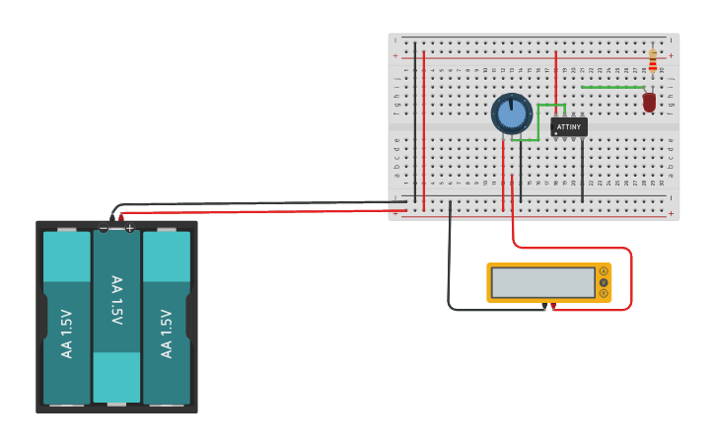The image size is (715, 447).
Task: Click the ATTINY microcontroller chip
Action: tap(569, 127)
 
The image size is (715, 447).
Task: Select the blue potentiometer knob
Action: tap(512, 114)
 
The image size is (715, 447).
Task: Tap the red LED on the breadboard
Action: tap(649, 102)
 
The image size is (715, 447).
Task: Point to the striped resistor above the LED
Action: tap(652, 62)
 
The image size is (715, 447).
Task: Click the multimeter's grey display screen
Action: tap(543, 283)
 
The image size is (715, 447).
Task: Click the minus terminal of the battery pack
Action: tap(104, 228)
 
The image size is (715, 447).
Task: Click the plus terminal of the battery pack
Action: tap(129, 228)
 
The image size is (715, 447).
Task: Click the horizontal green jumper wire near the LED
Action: tap(611, 88)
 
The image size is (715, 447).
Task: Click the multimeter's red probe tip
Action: tap(551, 308)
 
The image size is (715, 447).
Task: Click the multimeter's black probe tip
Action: tap(544, 308)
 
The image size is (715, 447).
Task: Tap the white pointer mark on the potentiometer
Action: tap(512, 104)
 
